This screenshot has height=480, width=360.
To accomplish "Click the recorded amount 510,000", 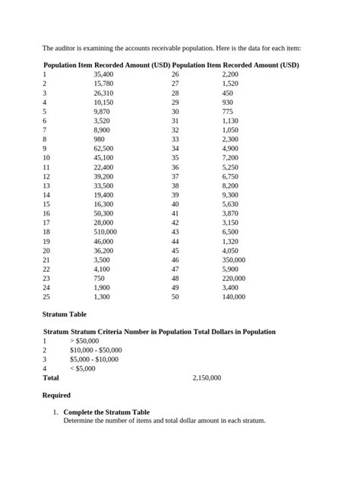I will tap(105, 232).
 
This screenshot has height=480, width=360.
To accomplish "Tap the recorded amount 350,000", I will tap(233, 260).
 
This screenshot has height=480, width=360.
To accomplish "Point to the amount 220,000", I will tap(233, 278).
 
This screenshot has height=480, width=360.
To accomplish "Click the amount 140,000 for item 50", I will tap(233, 297).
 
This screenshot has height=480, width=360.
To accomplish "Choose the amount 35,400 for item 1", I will tap(103, 75).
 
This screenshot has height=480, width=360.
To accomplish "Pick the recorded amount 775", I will tap(227, 112).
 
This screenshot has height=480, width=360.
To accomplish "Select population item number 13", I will tap(46, 185).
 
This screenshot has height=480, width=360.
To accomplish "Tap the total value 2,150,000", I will tap(207, 377).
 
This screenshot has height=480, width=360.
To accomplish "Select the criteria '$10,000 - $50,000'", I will tap(96, 350).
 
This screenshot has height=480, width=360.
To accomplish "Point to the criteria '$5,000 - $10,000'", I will tap(94, 359).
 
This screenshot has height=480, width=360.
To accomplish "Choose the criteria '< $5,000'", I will tap(85, 368).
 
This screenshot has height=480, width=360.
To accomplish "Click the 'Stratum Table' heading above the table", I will tap(65, 314).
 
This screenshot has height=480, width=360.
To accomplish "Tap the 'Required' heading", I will tap(57, 395).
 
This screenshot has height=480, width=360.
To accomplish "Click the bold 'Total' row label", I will tap(51, 377).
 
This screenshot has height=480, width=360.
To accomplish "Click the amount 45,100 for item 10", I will tap(103, 158).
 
